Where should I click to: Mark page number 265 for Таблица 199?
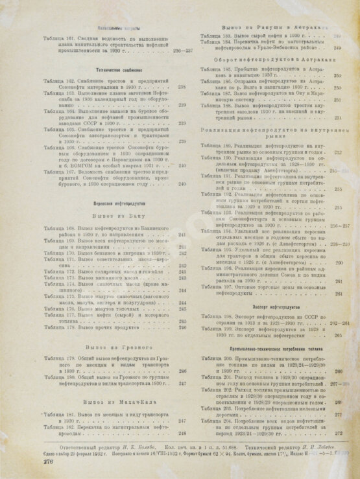[x=338, y=336]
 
